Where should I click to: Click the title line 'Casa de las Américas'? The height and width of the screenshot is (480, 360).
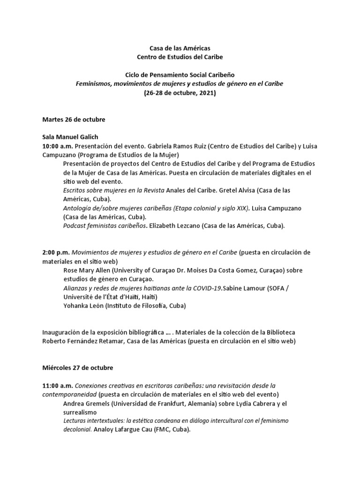click(x=180, y=48)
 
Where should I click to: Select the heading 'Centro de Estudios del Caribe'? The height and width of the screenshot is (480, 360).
click(x=180, y=57)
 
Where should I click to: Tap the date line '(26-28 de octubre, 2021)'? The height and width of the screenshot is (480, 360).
click(x=180, y=92)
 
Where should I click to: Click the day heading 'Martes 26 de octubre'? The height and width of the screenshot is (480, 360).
click(x=74, y=120)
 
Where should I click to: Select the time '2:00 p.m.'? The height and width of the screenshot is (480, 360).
click(x=56, y=252)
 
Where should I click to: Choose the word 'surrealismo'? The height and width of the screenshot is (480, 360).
click(x=80, y=412)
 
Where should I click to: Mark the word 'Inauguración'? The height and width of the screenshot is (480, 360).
click(x=61, y=332)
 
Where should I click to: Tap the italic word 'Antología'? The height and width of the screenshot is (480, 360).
click(x=77, y=208)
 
